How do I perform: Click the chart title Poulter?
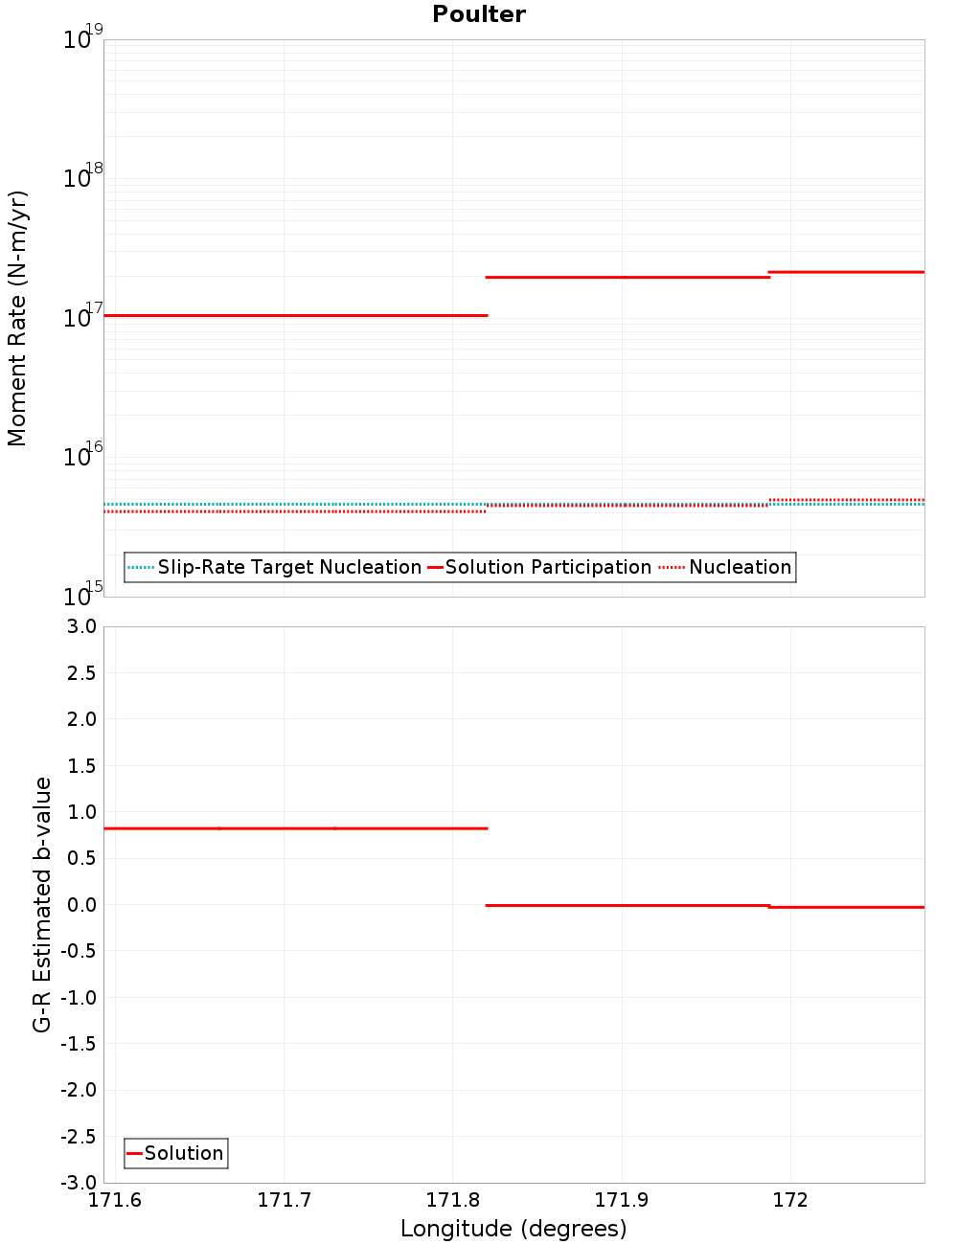pos(479,14)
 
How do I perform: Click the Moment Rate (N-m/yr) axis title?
pos(17,318)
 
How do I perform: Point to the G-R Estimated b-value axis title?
pos(42,904)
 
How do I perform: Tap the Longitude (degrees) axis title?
pos(513,1229)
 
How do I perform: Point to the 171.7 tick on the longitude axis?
pos(285,1200)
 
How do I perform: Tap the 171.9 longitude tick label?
pos(622,1200)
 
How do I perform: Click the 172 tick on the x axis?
pos(790,1200)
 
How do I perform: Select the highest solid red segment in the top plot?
pos(847,272)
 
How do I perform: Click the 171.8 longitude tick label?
pos(453,1200)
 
